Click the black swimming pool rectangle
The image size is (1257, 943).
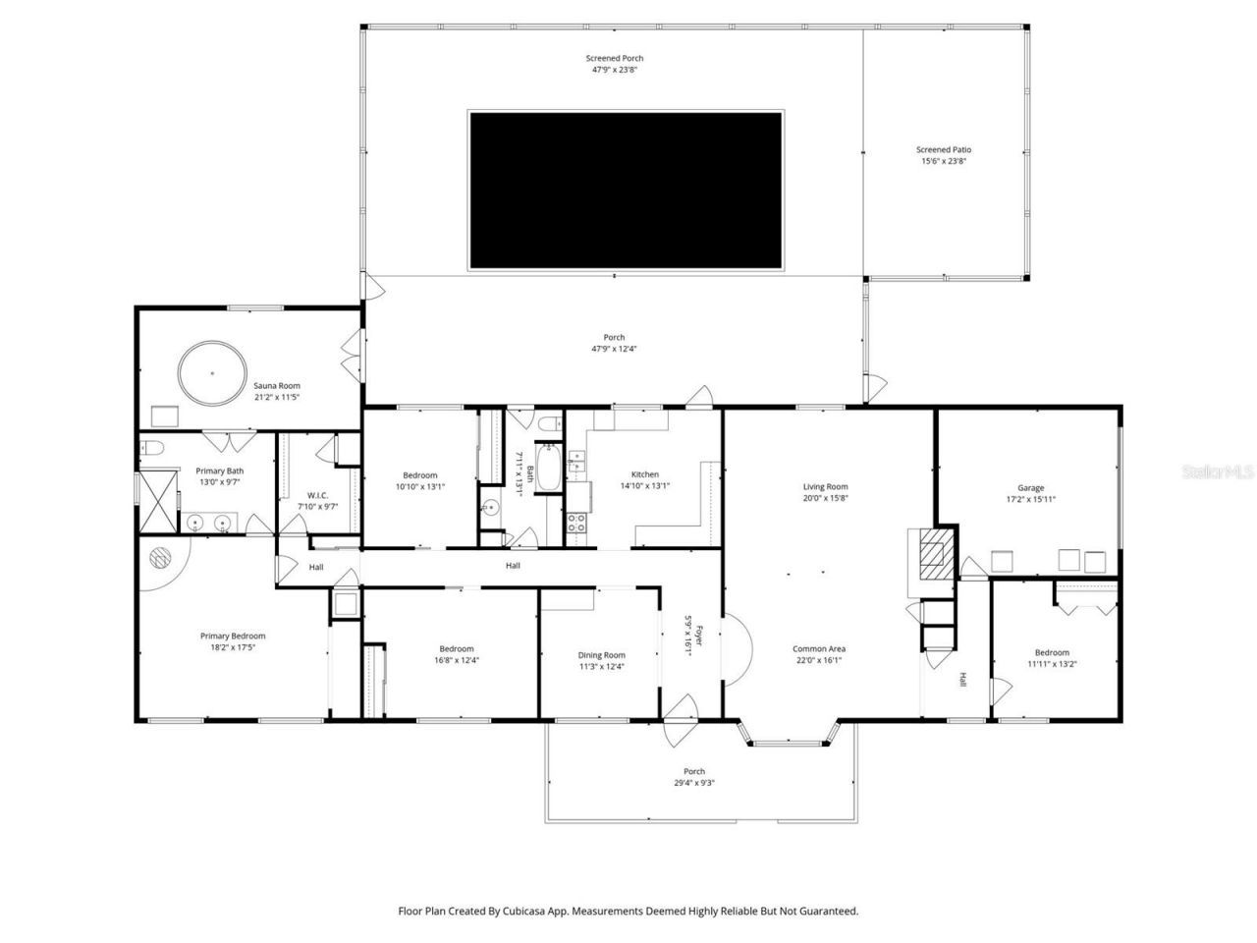(626, 190)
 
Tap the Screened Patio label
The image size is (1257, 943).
(944, 150)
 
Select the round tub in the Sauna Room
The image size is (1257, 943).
(211, 373)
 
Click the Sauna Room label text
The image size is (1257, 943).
(277, 386)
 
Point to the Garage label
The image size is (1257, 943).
(1030, 488)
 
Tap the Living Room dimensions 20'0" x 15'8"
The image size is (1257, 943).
(825, 498)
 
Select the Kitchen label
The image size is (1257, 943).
(645, 474)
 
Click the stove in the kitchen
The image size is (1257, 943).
(576, 523)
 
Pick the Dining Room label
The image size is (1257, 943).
(601, 655)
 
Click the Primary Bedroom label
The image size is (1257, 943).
(233, 636)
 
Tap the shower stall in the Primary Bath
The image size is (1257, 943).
(157, 501)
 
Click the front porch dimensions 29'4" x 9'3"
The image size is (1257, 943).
(694, 783)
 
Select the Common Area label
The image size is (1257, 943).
(819, 648)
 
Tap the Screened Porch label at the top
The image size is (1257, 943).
(615, 59)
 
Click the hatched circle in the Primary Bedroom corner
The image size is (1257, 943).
(160, 557)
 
